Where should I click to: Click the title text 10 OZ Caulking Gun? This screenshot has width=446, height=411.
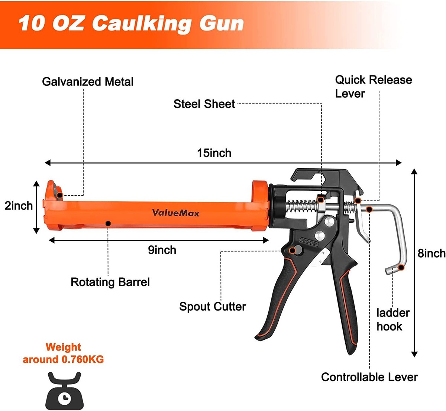131,23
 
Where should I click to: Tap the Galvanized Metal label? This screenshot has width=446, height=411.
87,82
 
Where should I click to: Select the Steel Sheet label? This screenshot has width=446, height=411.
204,104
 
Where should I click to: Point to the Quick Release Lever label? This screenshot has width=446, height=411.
373,87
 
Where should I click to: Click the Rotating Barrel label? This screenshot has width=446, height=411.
110,282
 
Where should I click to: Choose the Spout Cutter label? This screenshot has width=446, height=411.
212,307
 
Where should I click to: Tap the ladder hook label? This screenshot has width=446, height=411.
392,320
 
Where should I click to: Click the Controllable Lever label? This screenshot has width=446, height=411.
369,377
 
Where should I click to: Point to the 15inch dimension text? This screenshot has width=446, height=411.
214,153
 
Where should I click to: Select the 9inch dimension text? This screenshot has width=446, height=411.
162,250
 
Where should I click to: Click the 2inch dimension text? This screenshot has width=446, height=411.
19,206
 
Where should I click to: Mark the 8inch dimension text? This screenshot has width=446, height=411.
431,254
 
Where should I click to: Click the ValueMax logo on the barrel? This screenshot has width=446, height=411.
175,213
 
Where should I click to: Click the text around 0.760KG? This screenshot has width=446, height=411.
63,359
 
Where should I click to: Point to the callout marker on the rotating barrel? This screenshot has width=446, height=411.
108,223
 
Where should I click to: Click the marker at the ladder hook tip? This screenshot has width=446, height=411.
401,268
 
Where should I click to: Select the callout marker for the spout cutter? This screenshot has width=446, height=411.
293,251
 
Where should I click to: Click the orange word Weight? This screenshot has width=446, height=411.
63,347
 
